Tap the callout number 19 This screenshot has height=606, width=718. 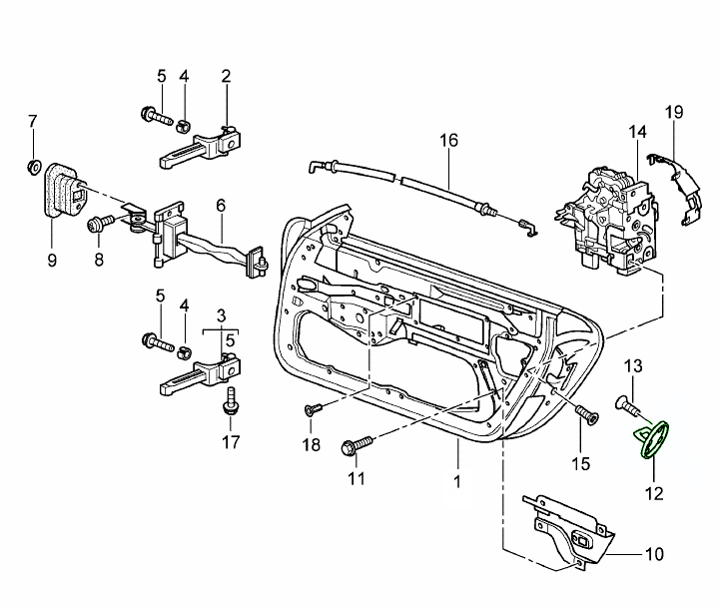tap(674, 113)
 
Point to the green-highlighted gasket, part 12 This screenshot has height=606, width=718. tap(654, 440)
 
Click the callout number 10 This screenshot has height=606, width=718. tap(654, 553)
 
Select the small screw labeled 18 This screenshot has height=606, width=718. tap(312, 408)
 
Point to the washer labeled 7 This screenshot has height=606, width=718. tap(32, 164)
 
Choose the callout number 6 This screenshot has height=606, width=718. tap(220, 205)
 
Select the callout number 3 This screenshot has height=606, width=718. tap(221, 314)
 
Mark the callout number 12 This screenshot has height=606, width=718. tap(653, 492)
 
